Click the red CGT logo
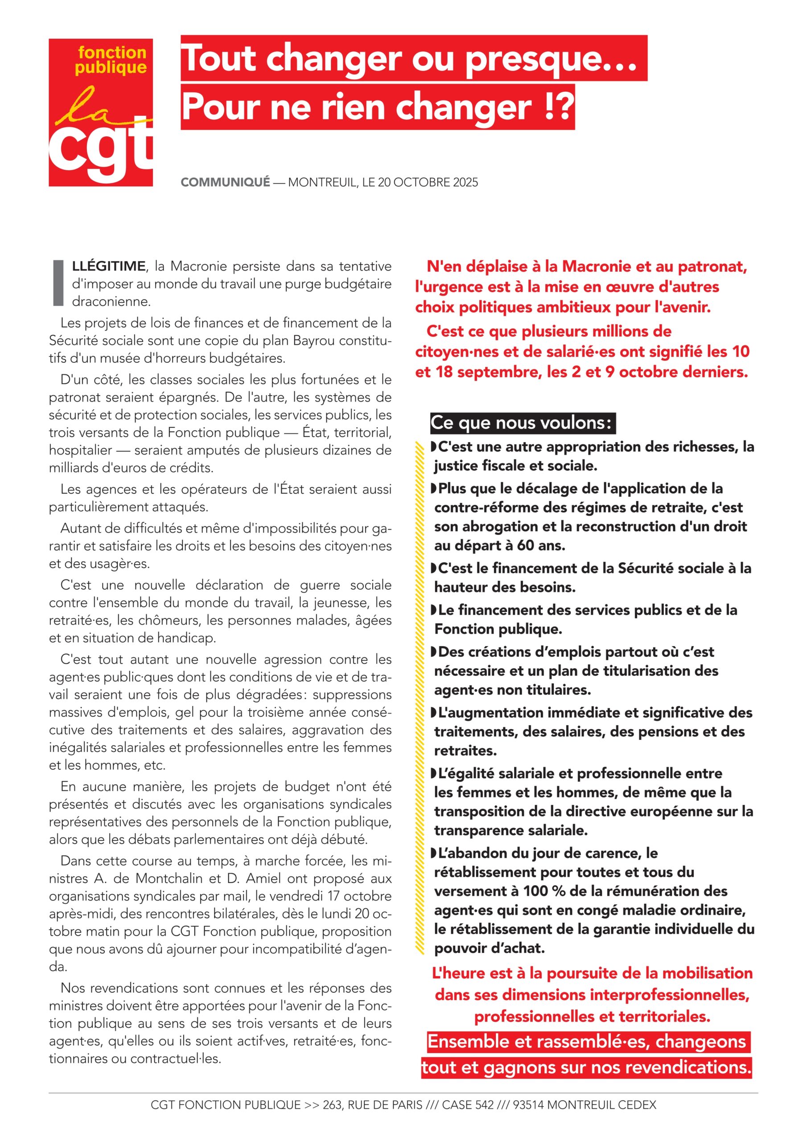[100, 112]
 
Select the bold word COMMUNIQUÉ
[225, 182]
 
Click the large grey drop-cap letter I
[58, 282]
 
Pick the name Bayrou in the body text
[318, 341]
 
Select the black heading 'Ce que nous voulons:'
[522, 423]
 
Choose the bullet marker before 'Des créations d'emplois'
[433, 652]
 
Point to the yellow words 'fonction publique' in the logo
[112, 60]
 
